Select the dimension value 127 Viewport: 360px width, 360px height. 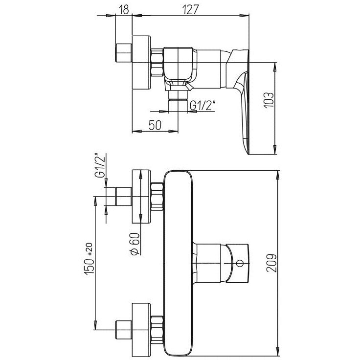point(191,10)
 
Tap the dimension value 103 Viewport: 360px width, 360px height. point(269,100)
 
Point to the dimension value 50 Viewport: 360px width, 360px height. point(155,125)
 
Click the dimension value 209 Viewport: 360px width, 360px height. point(272,263)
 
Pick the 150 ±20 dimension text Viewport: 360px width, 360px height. point(90,259)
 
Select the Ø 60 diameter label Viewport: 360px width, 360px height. point(135,244)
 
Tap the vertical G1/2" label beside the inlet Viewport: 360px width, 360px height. point(99,165)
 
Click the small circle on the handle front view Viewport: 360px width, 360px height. point(240,263)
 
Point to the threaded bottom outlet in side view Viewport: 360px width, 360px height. point(178,95)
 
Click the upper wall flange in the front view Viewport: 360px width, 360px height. point(141,197)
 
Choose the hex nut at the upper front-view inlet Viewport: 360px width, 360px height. point(157,197)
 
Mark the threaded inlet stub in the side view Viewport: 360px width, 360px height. point(124,53)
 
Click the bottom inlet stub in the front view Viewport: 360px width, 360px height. point(124,330)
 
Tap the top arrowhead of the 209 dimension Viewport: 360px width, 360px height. point(278,175)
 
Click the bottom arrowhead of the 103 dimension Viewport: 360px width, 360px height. point(275,150)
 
